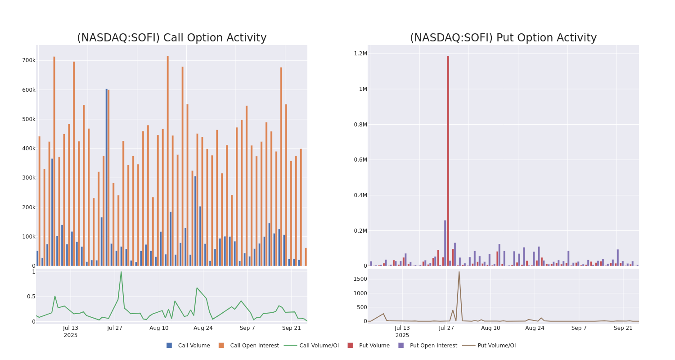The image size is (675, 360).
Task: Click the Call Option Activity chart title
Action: click(x=171, y=38)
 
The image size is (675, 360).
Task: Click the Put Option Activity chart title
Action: click(x=503, y=38)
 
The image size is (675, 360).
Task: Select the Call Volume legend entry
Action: click(x=188, y=346)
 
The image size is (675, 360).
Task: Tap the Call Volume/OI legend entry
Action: click(x=311, y=346)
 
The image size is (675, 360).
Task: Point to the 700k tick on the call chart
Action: click(x=29, y=60)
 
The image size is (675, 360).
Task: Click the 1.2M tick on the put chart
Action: click(x=360, y=54)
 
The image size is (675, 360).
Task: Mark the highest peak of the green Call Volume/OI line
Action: click(x=121, y=272)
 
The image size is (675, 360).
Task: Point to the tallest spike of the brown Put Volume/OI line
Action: click(x=459, y=272)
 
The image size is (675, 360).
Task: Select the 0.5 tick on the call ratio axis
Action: click(x=31, y=297)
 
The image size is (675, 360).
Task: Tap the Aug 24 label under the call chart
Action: click(x=203, y=328)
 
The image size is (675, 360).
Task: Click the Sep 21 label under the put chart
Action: click(x=623, y=328)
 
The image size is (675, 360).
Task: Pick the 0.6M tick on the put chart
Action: click(x=360, y=160)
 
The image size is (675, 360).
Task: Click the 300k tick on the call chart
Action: click(x=29, y=178)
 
